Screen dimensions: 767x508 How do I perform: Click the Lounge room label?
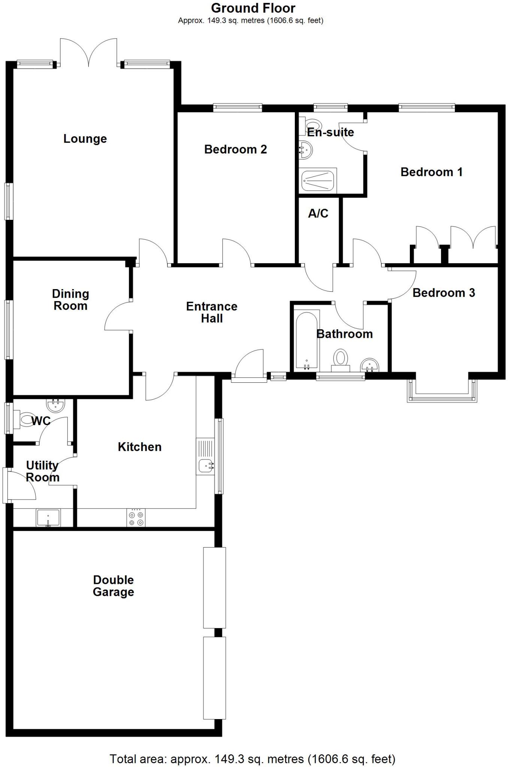pyautogui.click(x=85, y=139)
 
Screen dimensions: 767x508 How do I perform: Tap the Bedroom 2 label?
pyautogui.click(x=235, y=149)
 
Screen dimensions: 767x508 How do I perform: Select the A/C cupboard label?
pyautogui.click(x=318, y=213)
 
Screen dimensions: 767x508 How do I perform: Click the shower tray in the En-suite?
pyautogui.click(x=318, y=180)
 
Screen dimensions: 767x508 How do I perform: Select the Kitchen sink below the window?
pyautogui.click(x=206, y=466)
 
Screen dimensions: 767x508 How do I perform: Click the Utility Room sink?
pyautogui.click(x=48, y=518)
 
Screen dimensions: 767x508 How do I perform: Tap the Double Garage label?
pyautogui.click(x=114, y=586)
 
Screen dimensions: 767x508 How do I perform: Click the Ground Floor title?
pyautogui.click(x=253, y=8)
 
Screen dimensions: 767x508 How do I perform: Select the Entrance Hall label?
pyautogui.click(x=212, y=312)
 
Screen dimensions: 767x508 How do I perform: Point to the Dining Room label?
pyautogui.click(x=70, y=300)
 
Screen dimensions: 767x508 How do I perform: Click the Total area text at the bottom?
pyautogui.click(x=252, y=759)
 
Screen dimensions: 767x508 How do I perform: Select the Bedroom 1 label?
pyautogui.click(x=431, y=172)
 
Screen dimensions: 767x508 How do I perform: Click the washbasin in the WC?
pyautogui.click(x=56, y=405)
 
